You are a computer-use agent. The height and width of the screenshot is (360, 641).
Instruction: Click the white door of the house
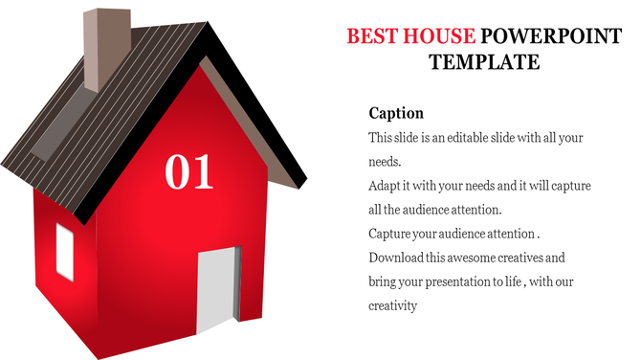[215, 288]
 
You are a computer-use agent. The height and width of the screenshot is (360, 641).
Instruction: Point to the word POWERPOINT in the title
[544, 37]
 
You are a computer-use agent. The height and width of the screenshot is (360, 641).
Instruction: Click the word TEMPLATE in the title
[484, 63]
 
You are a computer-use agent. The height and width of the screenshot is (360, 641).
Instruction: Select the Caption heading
[396, 113]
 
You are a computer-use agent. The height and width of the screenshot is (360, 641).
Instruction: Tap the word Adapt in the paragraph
[386, 186]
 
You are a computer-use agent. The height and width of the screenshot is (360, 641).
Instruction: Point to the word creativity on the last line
[393, 305]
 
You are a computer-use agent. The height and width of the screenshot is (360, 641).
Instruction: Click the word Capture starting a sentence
[390, 234]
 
